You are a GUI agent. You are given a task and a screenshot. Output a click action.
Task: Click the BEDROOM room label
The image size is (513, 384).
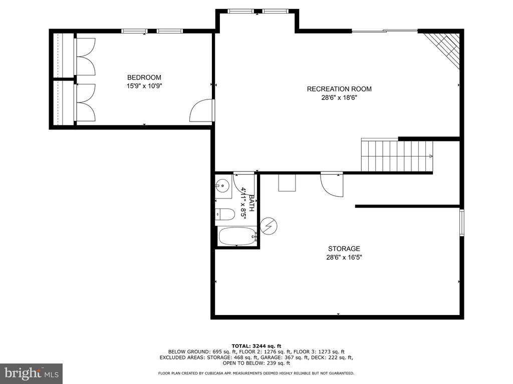click(144, 77)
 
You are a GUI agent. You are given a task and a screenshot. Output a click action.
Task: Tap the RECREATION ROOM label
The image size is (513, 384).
click(339, 89)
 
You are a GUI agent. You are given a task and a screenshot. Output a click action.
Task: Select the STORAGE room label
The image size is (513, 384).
click(344, 248)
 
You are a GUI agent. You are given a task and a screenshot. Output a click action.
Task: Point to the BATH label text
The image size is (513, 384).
click(251, 203)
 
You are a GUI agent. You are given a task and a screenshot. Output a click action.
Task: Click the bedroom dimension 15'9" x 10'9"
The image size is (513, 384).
click(144, 86)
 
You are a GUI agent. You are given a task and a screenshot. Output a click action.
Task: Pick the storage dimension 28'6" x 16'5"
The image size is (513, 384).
click(344, 257)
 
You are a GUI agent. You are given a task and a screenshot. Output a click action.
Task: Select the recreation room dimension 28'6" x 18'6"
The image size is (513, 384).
click(339, 97)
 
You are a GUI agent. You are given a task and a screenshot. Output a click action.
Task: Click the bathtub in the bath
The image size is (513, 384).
click(237, 236)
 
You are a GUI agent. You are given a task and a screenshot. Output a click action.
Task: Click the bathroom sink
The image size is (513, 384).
click(223, 186)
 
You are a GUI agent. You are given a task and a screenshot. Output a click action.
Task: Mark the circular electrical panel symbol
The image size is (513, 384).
click(269, 225)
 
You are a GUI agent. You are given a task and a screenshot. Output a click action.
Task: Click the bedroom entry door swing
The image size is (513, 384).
click(201, 110)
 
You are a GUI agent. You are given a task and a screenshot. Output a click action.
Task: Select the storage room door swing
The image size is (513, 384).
click(332, 184)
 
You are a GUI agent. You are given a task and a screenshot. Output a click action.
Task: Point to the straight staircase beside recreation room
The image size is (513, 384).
click(397, 156)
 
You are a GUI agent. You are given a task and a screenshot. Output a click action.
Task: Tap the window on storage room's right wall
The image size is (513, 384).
click(461, 222)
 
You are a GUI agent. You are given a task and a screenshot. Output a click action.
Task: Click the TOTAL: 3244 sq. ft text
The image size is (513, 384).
click(256, 346)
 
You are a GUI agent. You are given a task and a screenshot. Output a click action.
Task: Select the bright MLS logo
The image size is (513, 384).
click(32, 373)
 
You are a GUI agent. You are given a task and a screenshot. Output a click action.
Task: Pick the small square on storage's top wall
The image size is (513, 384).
click(287, 182)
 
